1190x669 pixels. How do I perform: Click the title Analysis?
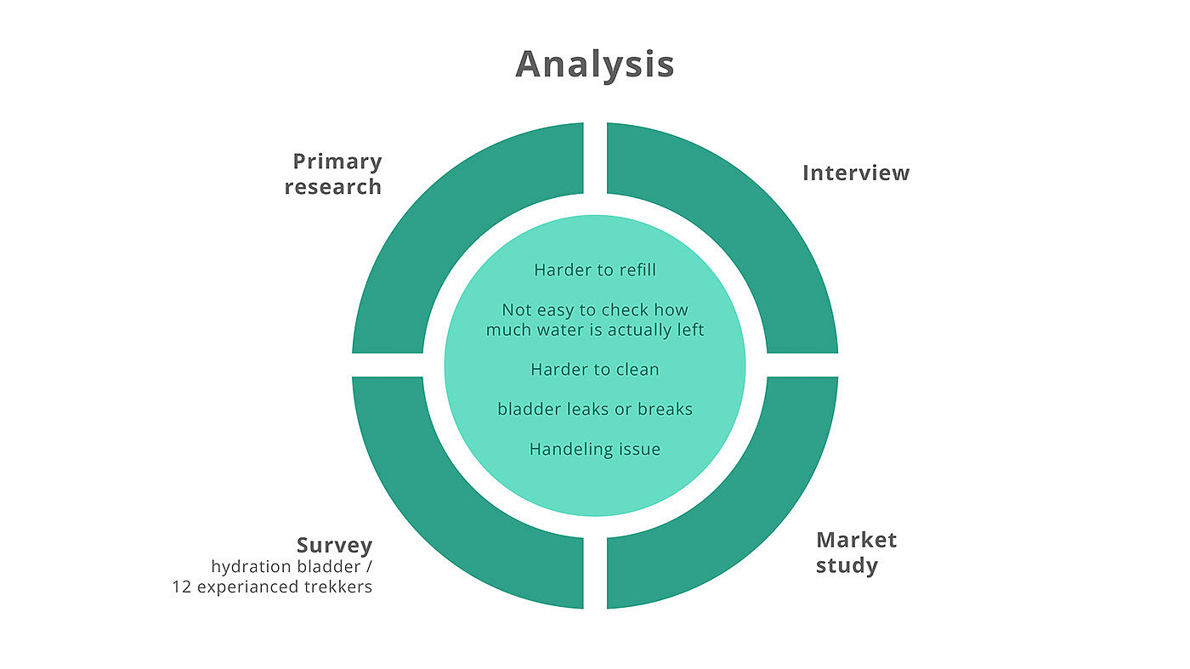594,65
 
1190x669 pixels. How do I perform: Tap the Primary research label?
333,173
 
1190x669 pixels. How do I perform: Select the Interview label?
855,173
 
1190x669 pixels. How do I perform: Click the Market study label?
856,553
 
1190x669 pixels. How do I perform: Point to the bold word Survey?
334,545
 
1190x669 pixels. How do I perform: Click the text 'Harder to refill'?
595,270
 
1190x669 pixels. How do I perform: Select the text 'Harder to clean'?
595,370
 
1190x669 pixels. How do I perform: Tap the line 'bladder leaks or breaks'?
595,409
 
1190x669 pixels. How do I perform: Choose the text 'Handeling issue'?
595,449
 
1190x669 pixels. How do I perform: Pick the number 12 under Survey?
182,587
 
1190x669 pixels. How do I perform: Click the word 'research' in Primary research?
333,187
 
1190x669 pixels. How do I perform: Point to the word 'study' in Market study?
847,565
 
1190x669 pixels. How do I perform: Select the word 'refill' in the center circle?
636,270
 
